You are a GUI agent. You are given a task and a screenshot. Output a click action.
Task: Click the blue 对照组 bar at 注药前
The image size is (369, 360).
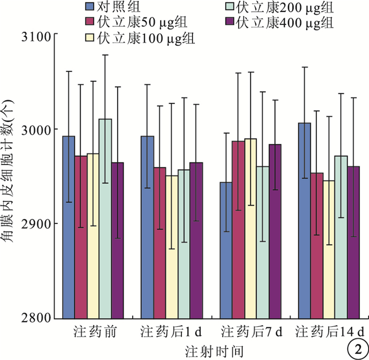[69, 227]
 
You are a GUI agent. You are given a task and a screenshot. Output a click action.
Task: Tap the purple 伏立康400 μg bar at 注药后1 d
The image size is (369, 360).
[196, 240]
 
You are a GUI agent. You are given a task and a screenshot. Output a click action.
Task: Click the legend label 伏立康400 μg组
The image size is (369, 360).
[285, 23]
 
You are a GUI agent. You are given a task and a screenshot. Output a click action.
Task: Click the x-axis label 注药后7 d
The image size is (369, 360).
[251, 333]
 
